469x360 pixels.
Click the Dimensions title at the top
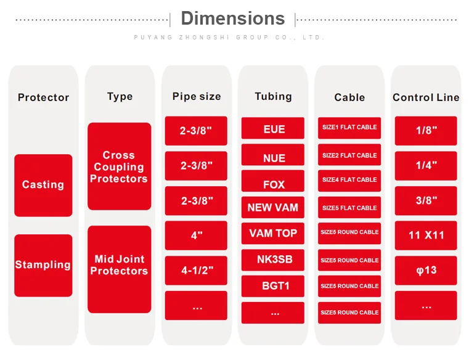(233, 18)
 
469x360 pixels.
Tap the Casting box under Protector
(43, 185)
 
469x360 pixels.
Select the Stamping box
(43, 266)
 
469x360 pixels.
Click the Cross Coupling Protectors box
(120, 166)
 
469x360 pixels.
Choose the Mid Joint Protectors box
(120, 269)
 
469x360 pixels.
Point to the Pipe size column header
(197, 96)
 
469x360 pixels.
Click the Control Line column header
(426, 97)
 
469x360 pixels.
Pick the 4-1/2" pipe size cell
(196, 271)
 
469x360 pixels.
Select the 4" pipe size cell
(196, 235)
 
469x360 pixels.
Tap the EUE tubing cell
(273, 128)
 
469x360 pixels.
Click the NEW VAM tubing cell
(273, 207)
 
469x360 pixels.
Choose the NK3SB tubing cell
(273, 260)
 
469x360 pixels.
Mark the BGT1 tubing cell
(273, 286)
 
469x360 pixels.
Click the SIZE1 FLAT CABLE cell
(349, 128)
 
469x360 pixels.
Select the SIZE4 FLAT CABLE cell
(349, 181)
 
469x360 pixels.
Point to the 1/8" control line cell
(426, 131)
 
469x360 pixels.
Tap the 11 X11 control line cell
(426, 235)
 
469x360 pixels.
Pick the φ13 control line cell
(426, 271)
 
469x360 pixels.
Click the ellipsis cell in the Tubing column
(273, 313)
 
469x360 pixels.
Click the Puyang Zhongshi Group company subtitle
(229, 38)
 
